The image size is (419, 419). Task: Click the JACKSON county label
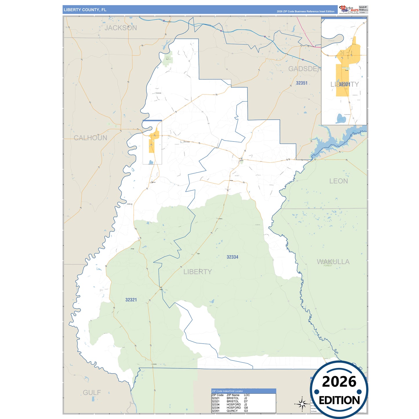pyautogui.click(x=121, y=28)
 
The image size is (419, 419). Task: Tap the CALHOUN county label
pyautogui.click(x=90, y=138)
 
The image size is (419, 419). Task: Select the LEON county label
pyautogui.click(x=338, y=181)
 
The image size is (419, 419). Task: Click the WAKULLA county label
pyautogui.click(x=333, y=262)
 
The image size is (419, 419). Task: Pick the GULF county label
pyautogui.click(x=92, y=393)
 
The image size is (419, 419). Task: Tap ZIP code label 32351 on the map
pyautogui.click(x=302, y=83)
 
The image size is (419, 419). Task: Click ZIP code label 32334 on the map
pyautogui.click(x=232, y=257)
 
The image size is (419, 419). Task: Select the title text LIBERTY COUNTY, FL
pyautogui.click(x=85, y=10)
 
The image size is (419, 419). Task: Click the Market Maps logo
pyautogui.click(x=349, y=10)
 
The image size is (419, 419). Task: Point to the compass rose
pyautogui.click(x=302, y=403)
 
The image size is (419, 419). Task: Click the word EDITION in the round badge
pyautogui.click(x=339, y=400)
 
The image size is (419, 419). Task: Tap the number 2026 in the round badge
pyautogui.click(x=339, y=382)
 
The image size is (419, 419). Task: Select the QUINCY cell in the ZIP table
pyautogui.click(x=232, y=411)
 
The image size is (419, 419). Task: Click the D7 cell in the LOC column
pyautogui.click(x=246, y=402)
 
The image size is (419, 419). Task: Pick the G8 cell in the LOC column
pyautogui.click(x=246, y=408)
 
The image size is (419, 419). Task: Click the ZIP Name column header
pyautogui.click(x=233, y=395)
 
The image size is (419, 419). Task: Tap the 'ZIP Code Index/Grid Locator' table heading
pyautogui.click(x=227, y=391)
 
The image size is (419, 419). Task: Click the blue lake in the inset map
pyautogui.click(x=341, y=118)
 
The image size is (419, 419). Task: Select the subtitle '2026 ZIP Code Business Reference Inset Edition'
pyautogui.click(x=305, y=12)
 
